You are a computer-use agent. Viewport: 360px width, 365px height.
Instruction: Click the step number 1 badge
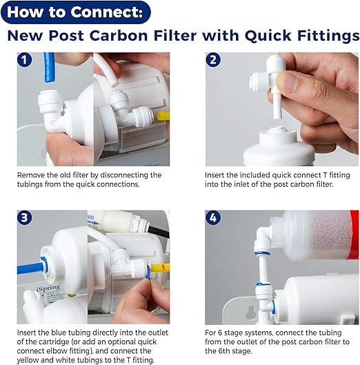click(x=26, y=60)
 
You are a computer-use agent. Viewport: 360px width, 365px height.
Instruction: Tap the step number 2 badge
click(x=213, y=60)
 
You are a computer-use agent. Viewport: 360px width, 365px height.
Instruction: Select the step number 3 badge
click(x=26, y=219)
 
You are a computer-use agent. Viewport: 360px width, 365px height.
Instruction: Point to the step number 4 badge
click(x=213, y=219)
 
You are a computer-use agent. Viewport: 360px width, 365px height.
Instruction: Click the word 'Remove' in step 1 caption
click(x=33, y=175)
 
